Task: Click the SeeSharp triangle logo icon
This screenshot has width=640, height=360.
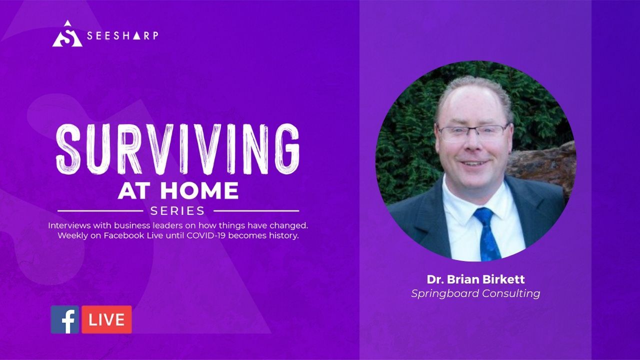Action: tap(67, 34)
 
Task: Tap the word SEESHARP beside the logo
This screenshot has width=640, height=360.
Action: tap(122, 35)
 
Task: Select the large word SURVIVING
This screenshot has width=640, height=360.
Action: tap(177, 149)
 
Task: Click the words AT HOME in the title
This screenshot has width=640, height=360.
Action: tap(178, 190)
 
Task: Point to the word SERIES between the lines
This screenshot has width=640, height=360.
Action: tap(177, 211)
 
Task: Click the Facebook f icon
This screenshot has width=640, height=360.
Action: tap(65, 319)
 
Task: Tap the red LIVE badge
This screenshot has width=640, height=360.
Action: tap(107, 319)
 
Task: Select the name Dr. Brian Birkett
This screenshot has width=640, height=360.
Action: tap(475, 279)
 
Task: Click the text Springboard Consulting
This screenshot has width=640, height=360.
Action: tap(475, 293)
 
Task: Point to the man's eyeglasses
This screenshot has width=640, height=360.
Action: tap(473, 132)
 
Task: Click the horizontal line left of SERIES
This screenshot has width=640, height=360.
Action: tap(100, 211)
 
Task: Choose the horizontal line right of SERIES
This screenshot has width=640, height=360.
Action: tap(256, 211)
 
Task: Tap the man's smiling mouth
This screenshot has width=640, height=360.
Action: tap(473, 163)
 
